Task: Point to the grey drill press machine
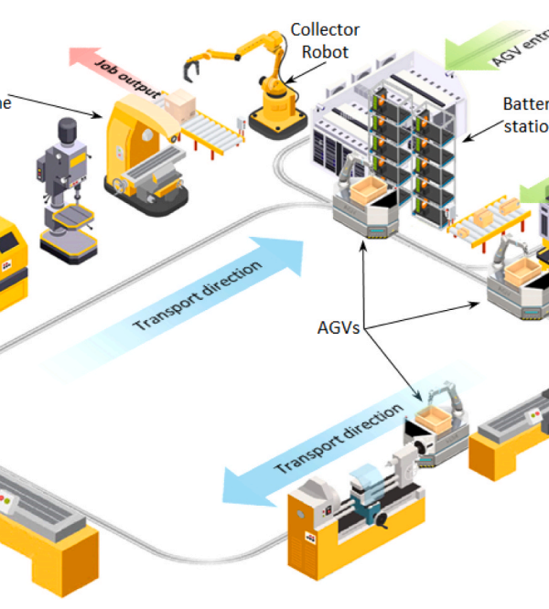click(61, 187)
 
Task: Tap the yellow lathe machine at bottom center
click(357, 521)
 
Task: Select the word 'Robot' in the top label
click(325, 51)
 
